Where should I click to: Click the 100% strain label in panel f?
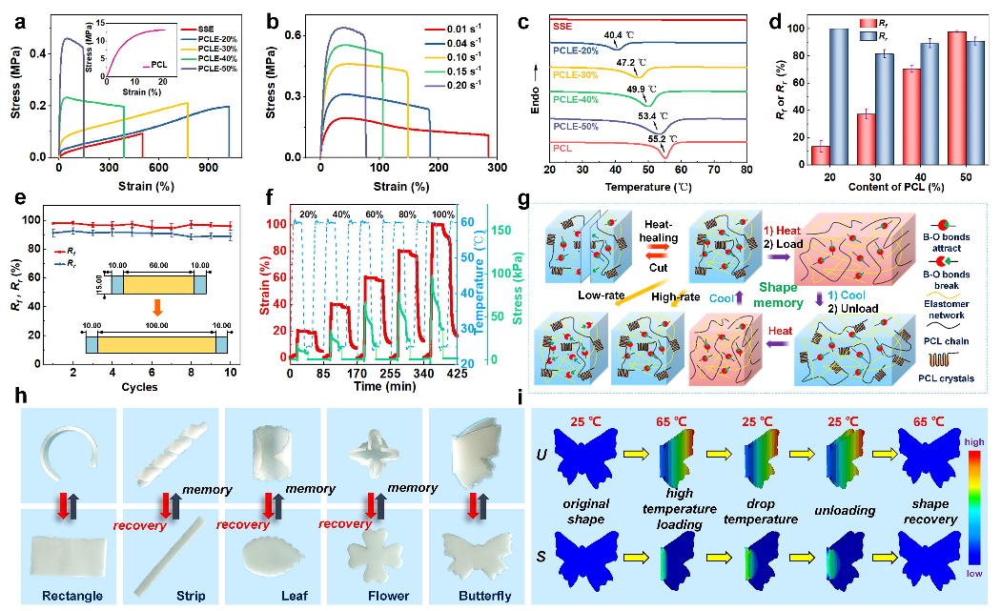coord(442,214)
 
